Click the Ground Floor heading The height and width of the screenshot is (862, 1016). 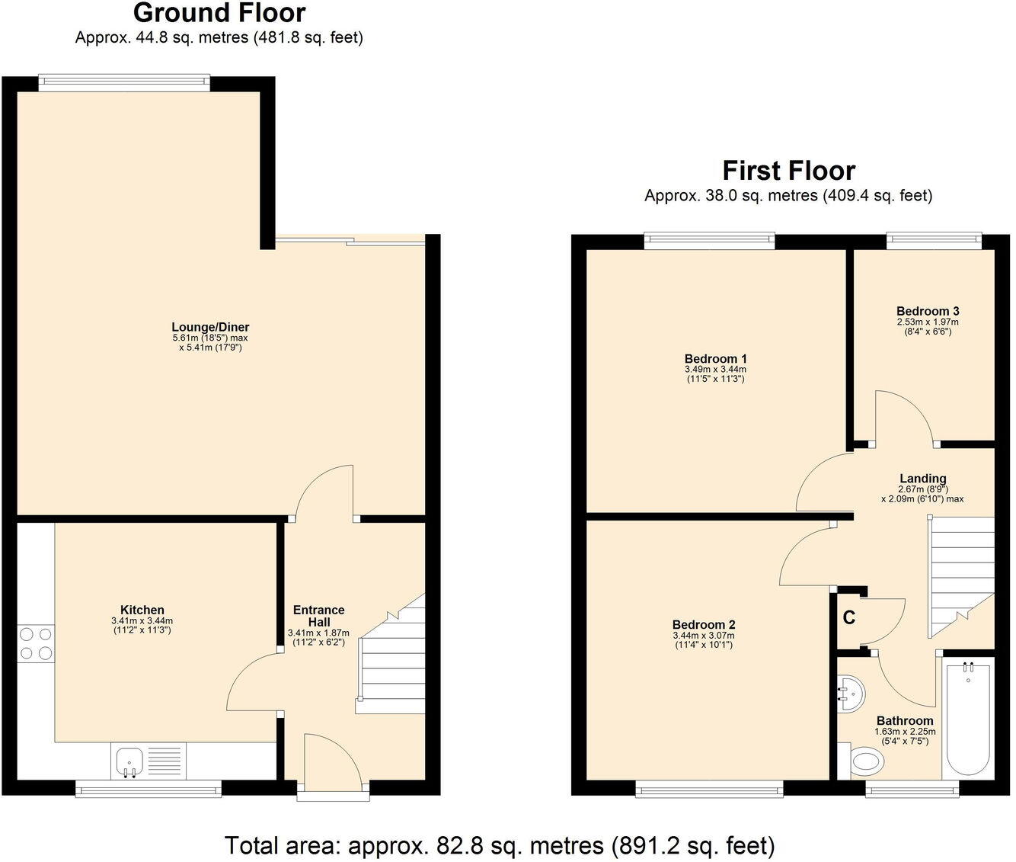[x=219, y=13]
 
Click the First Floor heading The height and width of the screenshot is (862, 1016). [x=788, y=170]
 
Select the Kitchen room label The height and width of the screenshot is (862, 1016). [x=142, y=610]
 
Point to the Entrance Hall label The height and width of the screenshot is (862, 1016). [x=318, y=616]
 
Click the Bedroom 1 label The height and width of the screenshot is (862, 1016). [x=715, y=359]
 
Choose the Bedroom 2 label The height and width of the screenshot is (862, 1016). [x=704, y=625]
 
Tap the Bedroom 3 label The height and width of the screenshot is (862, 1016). [x=927, y=311]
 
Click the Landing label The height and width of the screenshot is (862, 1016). [x=922, y=479]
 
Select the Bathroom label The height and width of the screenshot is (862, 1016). [x=904, y=721]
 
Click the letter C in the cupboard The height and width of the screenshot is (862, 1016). [x=848, y=618]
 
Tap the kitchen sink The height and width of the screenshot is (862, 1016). [x=129, y=761]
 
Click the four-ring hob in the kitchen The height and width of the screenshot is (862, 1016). [x=36, y=642]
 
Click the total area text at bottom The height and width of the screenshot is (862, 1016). [x=500, y=845]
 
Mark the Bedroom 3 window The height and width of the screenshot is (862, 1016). [x=933, y=241]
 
